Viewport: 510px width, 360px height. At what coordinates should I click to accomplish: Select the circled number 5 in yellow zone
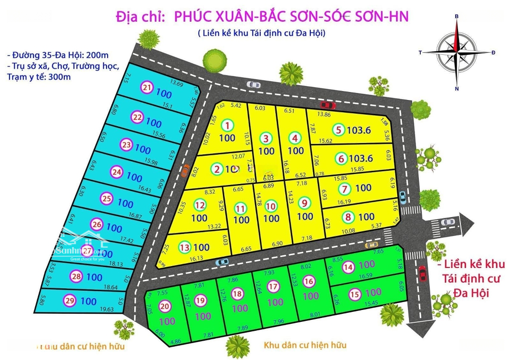point(338,129)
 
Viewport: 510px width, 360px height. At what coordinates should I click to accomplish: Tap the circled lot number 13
point(185,247)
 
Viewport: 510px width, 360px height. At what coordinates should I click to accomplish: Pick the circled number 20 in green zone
point(165,307)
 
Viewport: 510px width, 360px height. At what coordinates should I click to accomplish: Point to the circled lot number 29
point(70,301)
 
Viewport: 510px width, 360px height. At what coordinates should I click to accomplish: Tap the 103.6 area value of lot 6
point(361,159)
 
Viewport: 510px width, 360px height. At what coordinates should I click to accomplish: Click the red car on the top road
point(326,105)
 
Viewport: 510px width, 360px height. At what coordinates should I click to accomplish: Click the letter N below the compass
point(457,89)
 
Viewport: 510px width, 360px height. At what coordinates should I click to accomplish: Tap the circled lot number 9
point(305,202)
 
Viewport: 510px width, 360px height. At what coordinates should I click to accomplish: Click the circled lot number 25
point(107,199)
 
